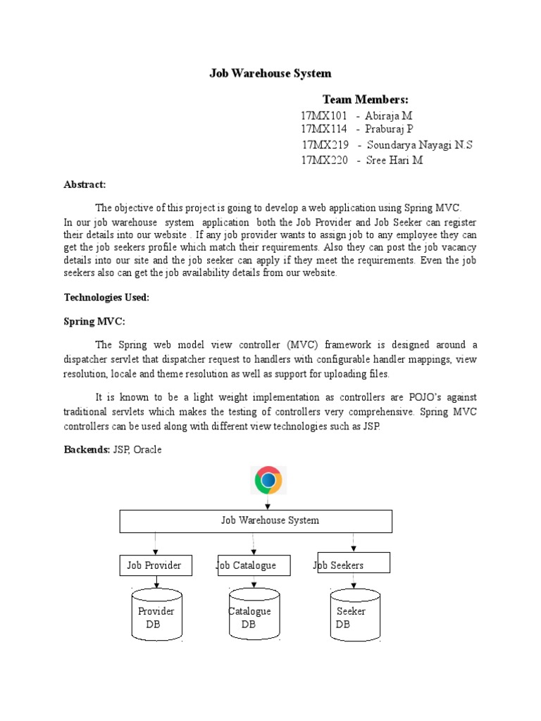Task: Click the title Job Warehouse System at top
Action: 270,73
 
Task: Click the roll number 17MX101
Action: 324,115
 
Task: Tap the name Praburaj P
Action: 389,130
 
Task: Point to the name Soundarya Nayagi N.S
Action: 420,145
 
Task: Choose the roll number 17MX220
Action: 324,161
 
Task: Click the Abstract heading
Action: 85,184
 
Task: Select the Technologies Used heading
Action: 106,298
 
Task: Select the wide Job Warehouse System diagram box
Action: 256,521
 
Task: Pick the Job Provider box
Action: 154,565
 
